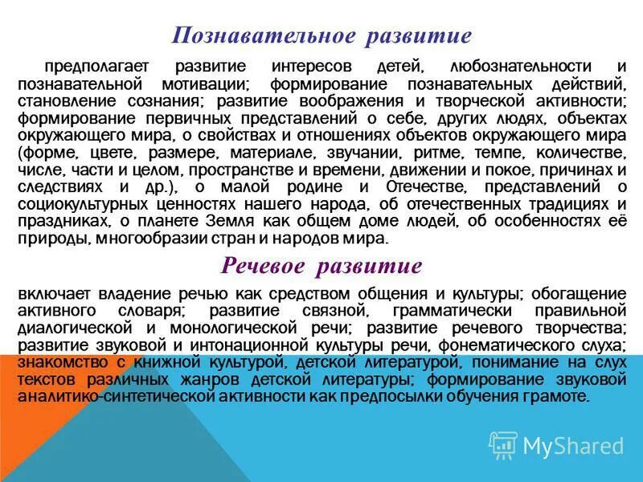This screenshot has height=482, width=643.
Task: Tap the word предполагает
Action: coord(91,66)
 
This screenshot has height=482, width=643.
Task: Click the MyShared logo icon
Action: coord(504,444)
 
